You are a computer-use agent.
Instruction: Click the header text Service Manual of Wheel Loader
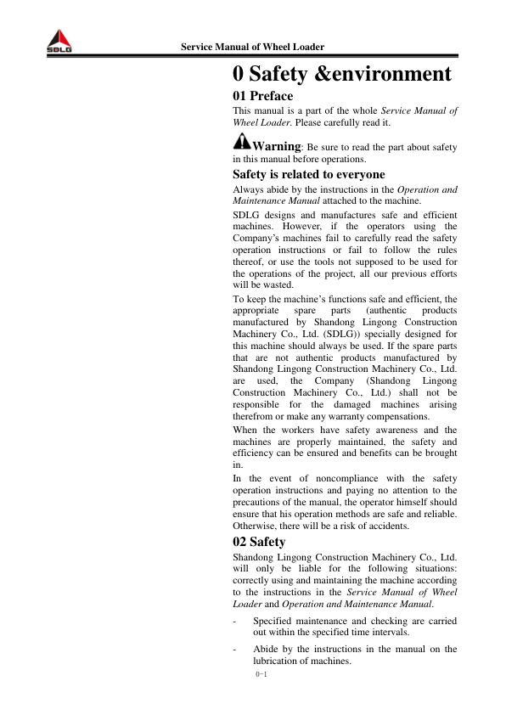point(253,47)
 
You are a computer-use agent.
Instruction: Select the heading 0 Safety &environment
point(342,75)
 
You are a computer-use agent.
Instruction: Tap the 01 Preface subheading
point(263,97)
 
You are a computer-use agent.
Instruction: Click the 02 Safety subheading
point(259,541)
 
